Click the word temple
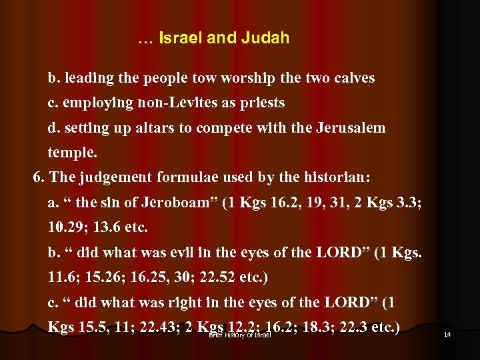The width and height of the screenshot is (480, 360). point(72,153)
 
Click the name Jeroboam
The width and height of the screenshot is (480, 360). point(167,203)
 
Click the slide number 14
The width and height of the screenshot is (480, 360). point(447,334)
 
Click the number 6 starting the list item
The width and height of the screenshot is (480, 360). point(37,177)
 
